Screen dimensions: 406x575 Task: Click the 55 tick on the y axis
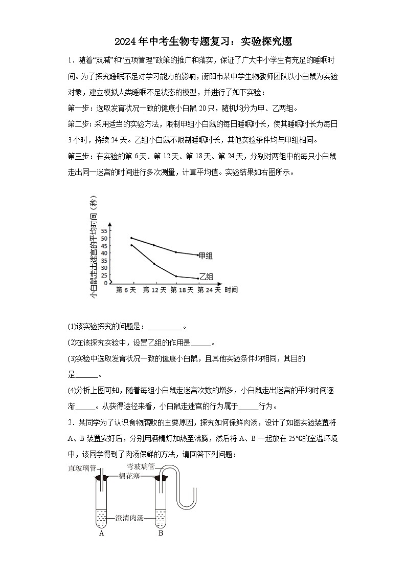104,231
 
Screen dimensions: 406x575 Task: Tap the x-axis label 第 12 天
154,290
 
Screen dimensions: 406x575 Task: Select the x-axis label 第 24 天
209,290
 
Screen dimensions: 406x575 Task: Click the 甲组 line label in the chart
206,255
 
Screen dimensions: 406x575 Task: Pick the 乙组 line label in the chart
206,276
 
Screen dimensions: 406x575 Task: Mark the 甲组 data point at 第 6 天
131,238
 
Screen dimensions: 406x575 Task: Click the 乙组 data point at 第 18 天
176,276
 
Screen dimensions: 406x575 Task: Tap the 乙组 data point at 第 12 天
154,264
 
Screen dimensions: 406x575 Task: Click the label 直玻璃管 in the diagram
81,467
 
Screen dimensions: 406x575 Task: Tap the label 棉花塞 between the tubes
130,476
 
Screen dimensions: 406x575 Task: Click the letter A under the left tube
102,533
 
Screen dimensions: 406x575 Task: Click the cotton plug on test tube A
102,478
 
